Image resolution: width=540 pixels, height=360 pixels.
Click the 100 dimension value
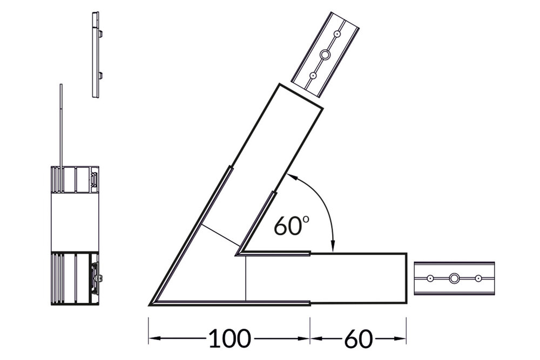point(230,339)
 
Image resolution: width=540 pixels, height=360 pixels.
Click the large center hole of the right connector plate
point(454,279)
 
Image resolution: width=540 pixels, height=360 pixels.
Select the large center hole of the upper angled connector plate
point(325,55)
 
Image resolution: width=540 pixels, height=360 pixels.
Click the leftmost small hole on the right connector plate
point(430,279)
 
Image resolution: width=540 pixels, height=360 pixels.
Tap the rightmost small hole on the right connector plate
point(478,279)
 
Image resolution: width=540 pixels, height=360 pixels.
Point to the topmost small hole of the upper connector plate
point(337,33)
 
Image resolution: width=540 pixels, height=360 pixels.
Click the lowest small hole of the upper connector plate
point(313,76)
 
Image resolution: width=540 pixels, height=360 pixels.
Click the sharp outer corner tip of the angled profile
point(151,303)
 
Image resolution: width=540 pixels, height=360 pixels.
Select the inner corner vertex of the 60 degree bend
point(238,253)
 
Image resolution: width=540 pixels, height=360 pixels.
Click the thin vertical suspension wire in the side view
point(62,124)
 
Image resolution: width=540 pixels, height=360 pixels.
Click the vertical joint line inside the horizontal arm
point(245,278)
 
